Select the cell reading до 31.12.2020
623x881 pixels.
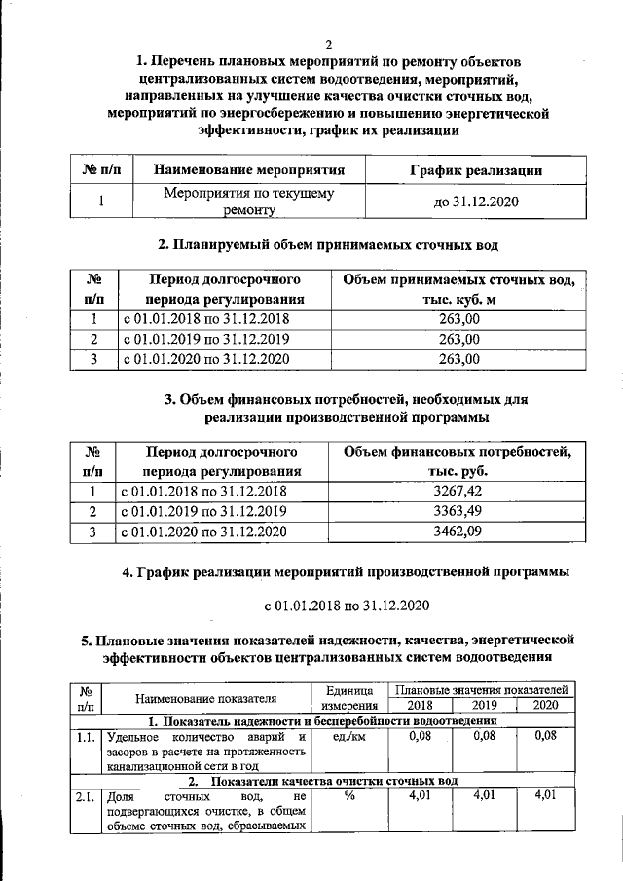coord(474,202)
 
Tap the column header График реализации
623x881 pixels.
coord(473,170)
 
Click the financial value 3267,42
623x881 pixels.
coord(457,492)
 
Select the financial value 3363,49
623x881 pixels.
coord(457,512)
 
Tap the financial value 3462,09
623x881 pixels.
coord(457,532)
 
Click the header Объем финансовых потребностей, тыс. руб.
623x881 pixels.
coord(457,461)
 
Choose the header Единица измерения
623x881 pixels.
coord(349,697)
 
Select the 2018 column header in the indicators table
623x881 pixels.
coord(420,705)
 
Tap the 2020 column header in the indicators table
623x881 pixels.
coord(546,705)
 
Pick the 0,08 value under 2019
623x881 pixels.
coord(484,737)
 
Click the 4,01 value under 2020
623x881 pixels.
coord(546,797)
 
